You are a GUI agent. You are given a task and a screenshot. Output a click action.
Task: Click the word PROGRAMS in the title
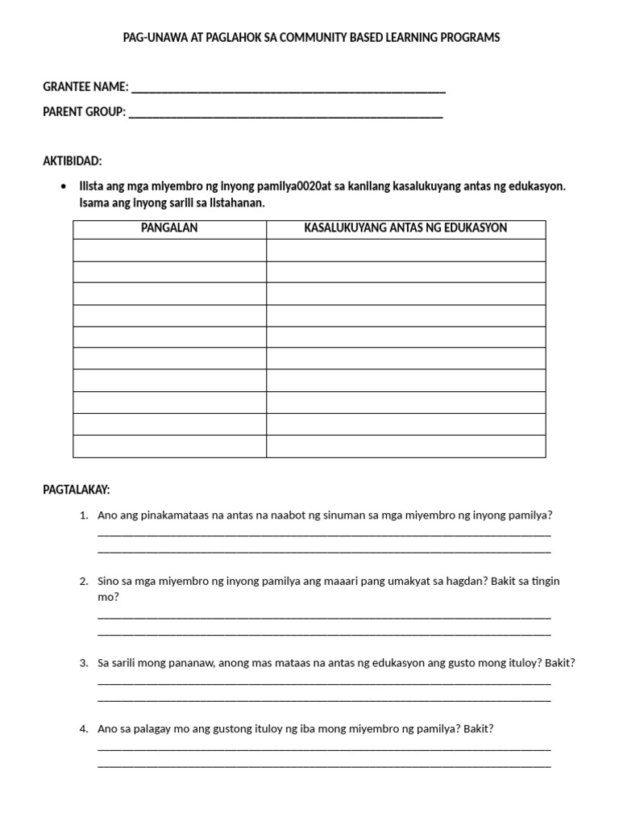pyautogui.click(x=470, y=38)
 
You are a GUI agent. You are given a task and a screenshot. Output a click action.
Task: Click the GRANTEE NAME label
pyautogui.click(x=85, y=87)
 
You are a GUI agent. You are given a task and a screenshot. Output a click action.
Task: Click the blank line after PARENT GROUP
pyautogui.click(x=285, y=113)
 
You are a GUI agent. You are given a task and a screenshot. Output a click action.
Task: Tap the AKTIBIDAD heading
pyautogui.click(x=73, y=161)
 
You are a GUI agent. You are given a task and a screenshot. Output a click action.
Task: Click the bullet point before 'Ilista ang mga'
pyautogui.click(x=64, y=186)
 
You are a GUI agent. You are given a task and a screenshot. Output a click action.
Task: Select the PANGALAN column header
pyautogui.click(x=169, y=228)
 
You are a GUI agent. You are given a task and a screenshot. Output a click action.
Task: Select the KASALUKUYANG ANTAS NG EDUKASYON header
pyautogui.click(x=405, y=228)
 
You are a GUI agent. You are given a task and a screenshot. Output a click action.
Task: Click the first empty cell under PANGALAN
pyautogui.click(x=169, y=250)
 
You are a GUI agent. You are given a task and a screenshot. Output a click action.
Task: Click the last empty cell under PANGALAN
pyautogui.click(x=169, y=446)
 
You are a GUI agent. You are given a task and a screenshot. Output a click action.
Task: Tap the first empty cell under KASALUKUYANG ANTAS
pyautogui.click(x=405, y=250)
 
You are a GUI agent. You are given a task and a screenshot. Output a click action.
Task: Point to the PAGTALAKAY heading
pyautogui.click(x=76, y=490)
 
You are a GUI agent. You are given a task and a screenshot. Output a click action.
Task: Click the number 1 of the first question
pyautogui.click(x=84, y=515)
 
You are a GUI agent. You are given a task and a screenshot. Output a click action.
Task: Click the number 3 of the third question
pyautogui.click(x=84, y=663)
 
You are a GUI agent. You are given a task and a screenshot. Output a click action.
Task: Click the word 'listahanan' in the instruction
pyautogui.click(x=236, y=203)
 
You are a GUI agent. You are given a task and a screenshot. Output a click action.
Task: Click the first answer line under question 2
pyautogui.click(x=324, y=616)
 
